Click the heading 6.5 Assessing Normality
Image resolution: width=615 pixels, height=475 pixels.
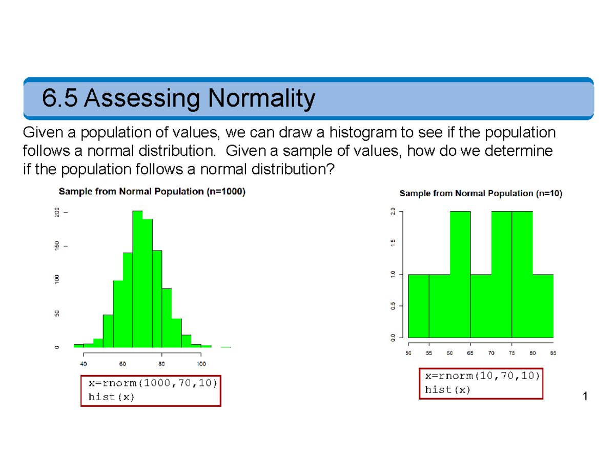pyautogui.click(x=177, y=99)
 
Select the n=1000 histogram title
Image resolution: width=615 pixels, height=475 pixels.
pyautogui.click(x=152, y=192)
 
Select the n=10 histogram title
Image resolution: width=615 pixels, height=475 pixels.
pyautogui.click(x=480, y=194)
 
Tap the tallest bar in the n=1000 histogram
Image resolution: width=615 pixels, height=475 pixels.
pyautogui.click(x=137, y=279)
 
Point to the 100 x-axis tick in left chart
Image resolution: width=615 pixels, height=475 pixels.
pyautogui.click(x=201, y=364)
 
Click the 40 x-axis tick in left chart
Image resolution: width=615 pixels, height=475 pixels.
pyautogui.click(x=84, y=364)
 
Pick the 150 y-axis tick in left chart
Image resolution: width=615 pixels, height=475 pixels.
pyautogui.click(x=57, y=246)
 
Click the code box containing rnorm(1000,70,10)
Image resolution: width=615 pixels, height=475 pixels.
pyautogui.click(x=151, y=390)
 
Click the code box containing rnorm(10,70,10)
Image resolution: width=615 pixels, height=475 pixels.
pyautogui.click(x=481, y=383)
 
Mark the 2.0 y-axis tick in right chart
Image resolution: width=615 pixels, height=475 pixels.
pyautogui.click(x=392, y=212)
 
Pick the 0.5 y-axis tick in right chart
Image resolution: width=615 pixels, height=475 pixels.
pyautogui.click(x=392, y=306)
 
